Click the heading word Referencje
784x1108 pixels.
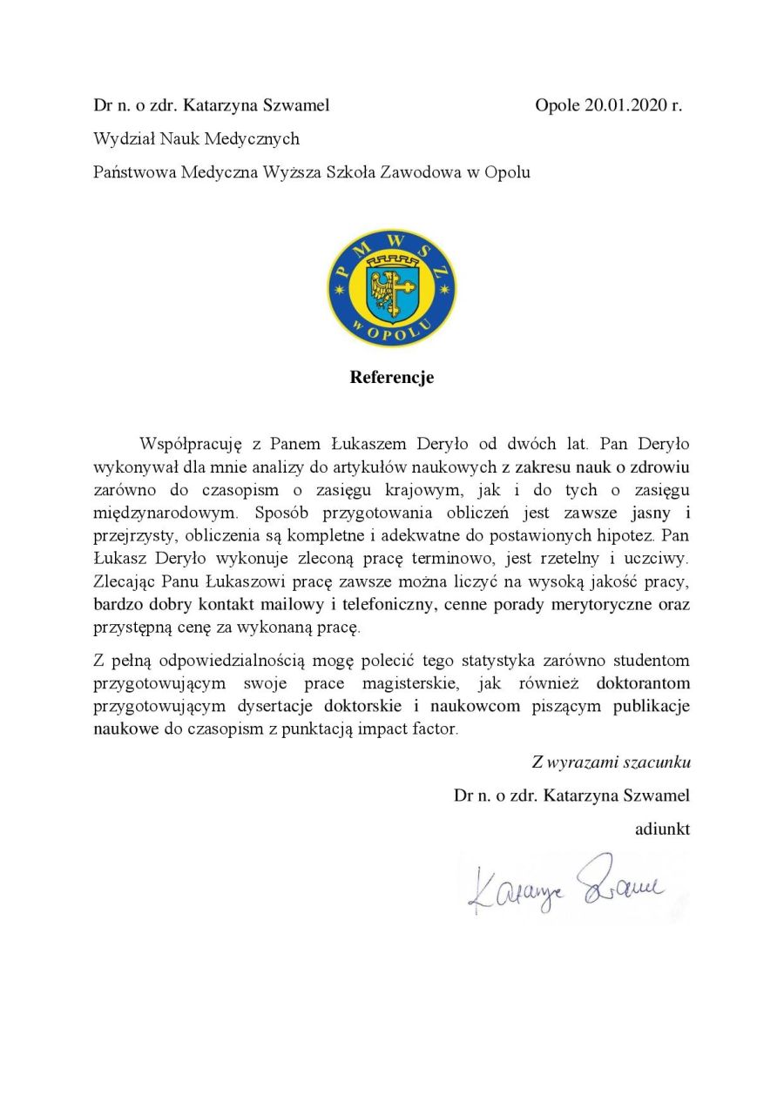pyautogui.click(x=392, y=378)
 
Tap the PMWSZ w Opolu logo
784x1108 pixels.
pyautogui.click(x=391, y=287)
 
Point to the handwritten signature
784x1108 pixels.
pyautogui.click(x=566, y=885)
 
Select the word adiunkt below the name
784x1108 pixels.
pyautogui.click(x=662, y=829)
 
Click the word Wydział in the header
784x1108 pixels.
pyautogui.click(x=123, y=139)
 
